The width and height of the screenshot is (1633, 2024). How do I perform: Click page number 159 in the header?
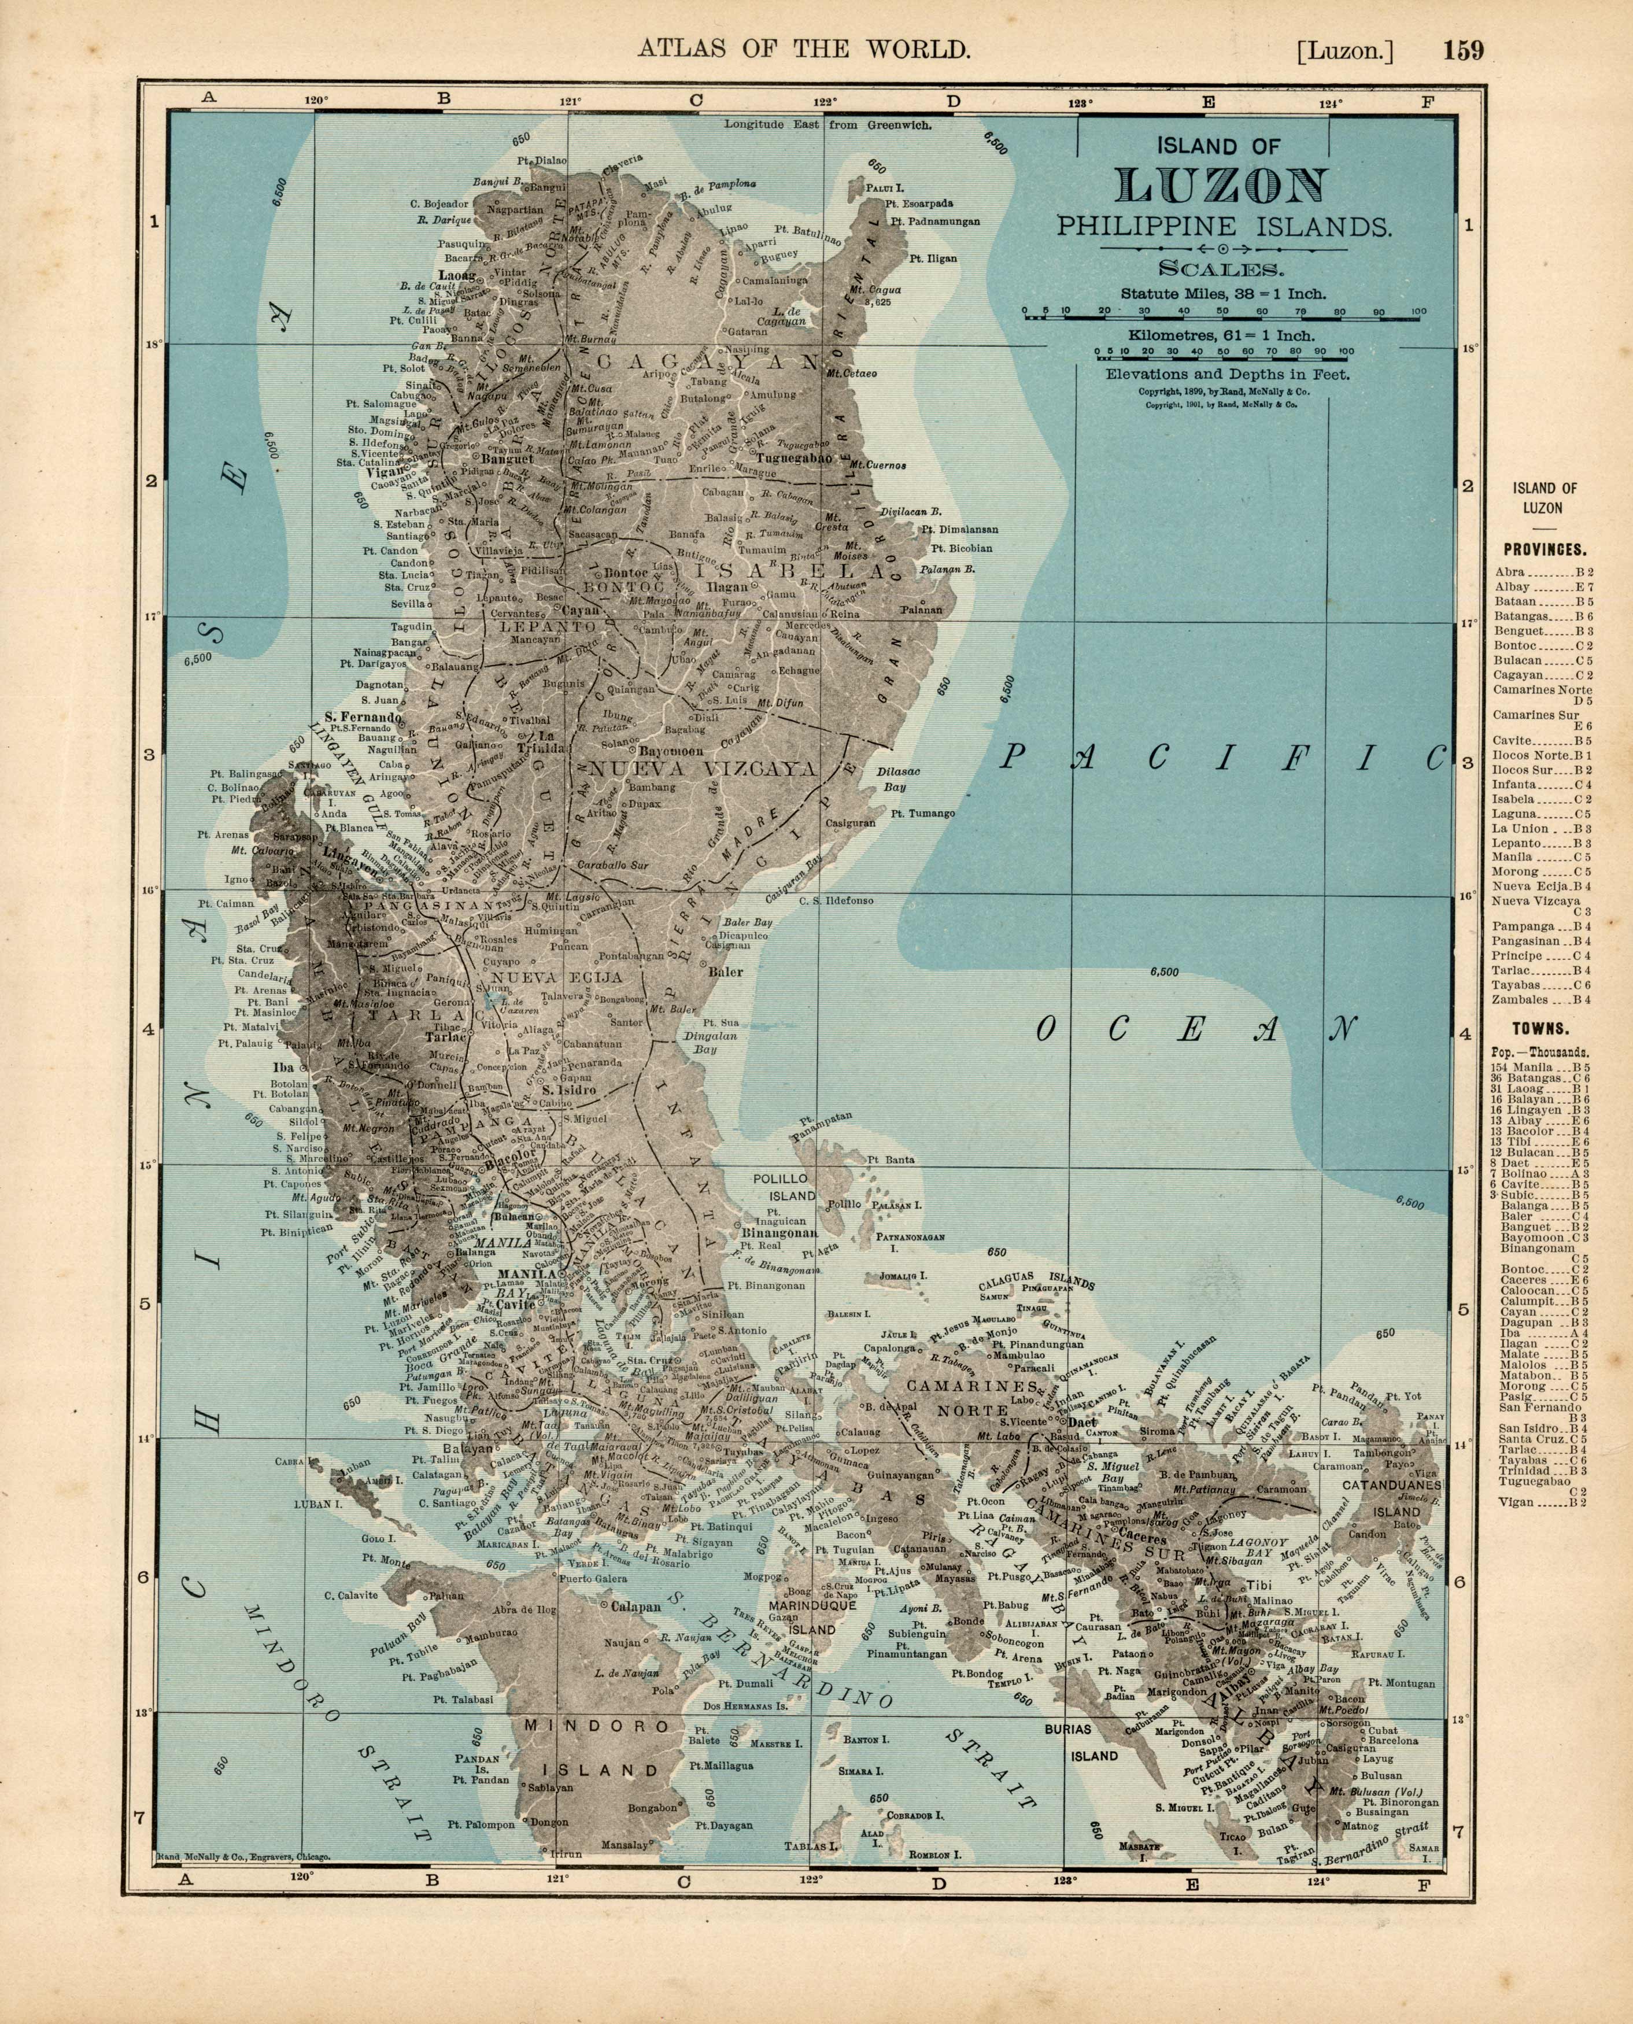click(1464, 50)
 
